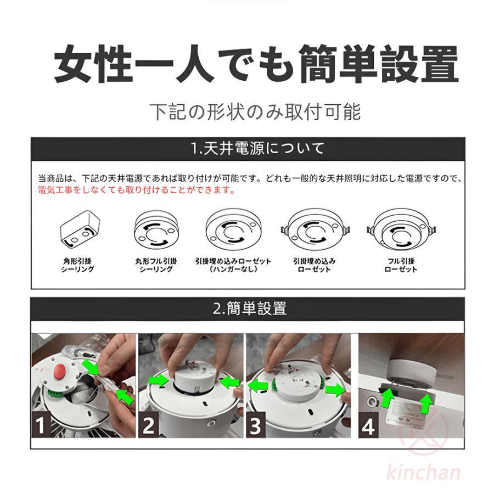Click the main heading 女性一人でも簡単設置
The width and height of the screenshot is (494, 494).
pyautogui.click(x=256, y=65)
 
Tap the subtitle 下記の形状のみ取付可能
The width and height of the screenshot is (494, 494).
pyautogui.click(x=256, y=111)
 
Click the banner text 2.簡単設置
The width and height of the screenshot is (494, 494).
pyautogui.click(x=250, y=308)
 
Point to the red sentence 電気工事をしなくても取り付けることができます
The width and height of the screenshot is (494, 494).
pyautogui.click(x=137, y=190)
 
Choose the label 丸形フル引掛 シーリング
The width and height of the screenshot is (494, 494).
pyautogui.click(x=156, y=265)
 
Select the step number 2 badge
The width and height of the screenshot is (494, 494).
pyautogui.click(x=149, y=425)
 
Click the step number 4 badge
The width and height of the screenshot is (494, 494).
pyautogui.click(x=368, y=425)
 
